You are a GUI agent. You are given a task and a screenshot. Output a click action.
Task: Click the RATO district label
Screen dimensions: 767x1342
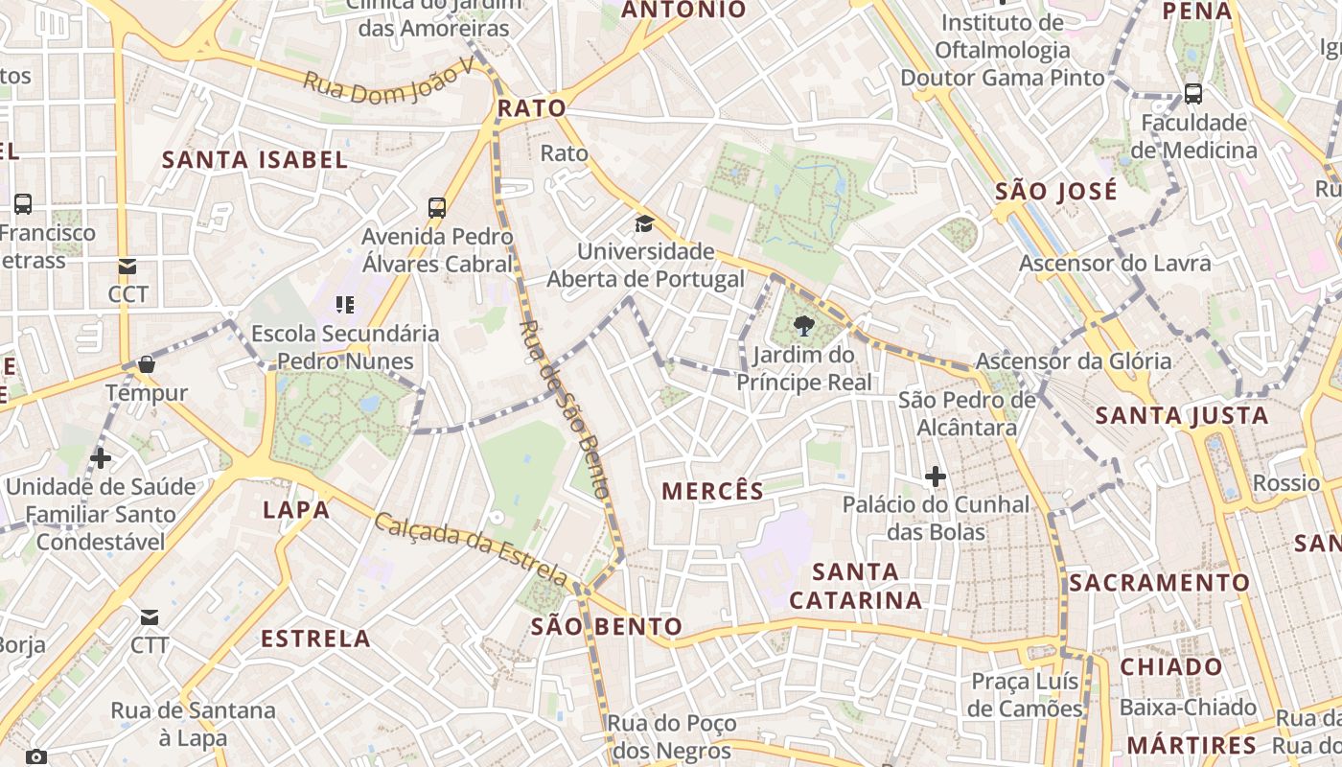tap(531, 108)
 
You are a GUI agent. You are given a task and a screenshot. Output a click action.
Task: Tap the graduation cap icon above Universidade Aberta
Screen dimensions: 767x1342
tap(644, 224)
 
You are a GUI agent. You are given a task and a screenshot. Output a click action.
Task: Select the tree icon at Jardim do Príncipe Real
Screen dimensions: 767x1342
tap(804, 327)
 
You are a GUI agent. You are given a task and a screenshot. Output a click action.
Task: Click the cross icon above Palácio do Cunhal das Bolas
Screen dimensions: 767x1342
tap(935, 476)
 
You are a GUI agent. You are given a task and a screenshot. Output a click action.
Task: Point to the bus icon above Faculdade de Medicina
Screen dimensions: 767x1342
tap(1193, 94)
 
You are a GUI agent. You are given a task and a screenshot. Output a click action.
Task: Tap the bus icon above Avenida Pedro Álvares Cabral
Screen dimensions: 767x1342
tap(437, 207)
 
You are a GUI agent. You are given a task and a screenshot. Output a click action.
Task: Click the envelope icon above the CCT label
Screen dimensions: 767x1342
tap(127, 267)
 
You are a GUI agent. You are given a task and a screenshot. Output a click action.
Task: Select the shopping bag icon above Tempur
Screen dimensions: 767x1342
tap(147, 364)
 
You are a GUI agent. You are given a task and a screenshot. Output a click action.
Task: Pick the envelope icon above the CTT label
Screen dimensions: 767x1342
tap(150, 617)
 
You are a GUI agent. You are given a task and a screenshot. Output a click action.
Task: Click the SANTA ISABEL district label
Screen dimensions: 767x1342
tap(254, 160)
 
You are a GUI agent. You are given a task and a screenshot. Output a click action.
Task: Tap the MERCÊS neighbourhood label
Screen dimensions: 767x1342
tap(713, 492)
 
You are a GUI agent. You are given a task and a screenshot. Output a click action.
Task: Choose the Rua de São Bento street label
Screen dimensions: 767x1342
tap(564, 408)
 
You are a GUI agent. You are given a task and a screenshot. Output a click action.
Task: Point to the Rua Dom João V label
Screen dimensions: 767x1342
tap(388, 81)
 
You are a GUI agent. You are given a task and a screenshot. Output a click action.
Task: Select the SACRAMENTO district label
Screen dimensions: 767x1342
tap(1160, 583)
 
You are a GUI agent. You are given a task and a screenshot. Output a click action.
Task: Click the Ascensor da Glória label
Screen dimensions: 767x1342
tap(1073, 361)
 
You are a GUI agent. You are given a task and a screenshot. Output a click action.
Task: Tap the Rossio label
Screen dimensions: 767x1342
tap(1286, 483)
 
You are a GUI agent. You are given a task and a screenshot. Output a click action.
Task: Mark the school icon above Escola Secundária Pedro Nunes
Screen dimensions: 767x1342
tap(345, 305)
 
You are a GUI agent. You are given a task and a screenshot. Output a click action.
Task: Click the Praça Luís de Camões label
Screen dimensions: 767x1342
tap(1025, 695)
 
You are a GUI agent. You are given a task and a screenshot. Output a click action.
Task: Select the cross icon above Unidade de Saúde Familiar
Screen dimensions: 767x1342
tap(100, 458)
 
